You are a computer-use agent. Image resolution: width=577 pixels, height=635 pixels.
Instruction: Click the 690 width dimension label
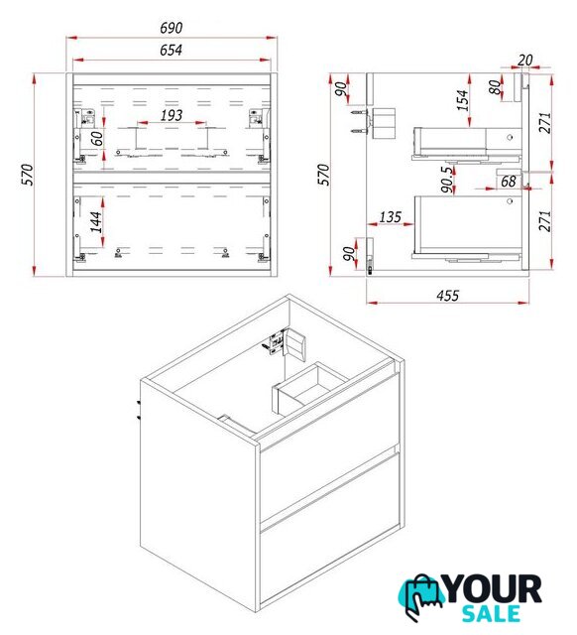coord(172,28)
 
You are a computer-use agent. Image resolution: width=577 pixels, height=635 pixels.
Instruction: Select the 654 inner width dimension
coord(171,51)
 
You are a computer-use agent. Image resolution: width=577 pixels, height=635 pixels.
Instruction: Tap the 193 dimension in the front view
coord(172,115)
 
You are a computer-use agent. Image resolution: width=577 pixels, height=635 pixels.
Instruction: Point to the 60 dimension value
coord(97,139)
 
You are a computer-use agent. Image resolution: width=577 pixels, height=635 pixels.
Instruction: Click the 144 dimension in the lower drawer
coord(96,222)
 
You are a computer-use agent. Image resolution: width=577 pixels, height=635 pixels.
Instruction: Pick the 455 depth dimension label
coord(448,296)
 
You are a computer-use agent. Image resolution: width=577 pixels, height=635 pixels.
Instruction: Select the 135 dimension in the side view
coord(390,217)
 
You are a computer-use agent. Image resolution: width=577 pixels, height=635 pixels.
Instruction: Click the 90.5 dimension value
coord(447,180)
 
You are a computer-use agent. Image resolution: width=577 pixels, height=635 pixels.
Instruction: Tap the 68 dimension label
coord(509,182)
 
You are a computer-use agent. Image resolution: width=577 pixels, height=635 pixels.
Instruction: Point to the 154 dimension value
coord(462,100)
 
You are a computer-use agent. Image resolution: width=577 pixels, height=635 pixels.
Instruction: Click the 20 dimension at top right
coord(524,60)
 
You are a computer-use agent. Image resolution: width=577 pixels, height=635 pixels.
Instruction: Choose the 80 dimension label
coord(495,87)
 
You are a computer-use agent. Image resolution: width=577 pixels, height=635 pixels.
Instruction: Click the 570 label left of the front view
coord(28,175)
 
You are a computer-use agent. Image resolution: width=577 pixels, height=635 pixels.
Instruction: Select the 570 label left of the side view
coord(324,175)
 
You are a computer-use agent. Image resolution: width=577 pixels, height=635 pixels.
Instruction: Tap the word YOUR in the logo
coord(494,588)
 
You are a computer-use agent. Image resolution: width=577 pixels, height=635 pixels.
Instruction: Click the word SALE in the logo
coord(491,613)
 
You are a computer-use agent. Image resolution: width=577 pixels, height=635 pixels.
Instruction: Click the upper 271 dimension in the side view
coord(544,123)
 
